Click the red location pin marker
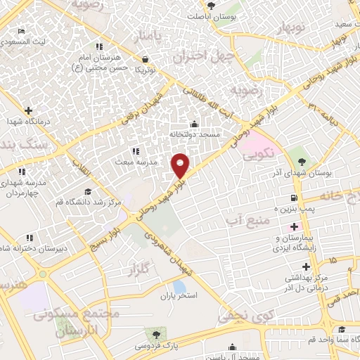[181, 165]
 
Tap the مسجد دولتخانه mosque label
[194, 133]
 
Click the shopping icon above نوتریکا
[145, 59]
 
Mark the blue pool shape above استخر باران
[179, 287]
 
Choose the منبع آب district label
[245, 221]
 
